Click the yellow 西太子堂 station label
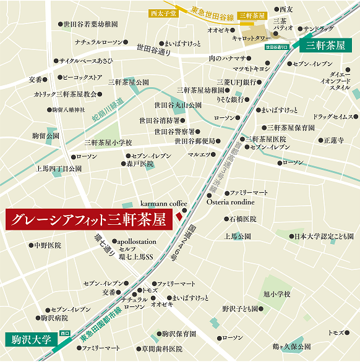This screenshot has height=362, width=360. pyautogui.click(x=163, y=12)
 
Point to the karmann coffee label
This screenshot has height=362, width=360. pyautogui.click(x=163, y=203)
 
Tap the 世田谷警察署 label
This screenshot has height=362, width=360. pyautogui.click(x=174, y=132)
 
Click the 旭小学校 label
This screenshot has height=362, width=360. pyautogui.click(x=276, y=293)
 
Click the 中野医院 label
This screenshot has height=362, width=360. pyautogui.click(x=48, y=245)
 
